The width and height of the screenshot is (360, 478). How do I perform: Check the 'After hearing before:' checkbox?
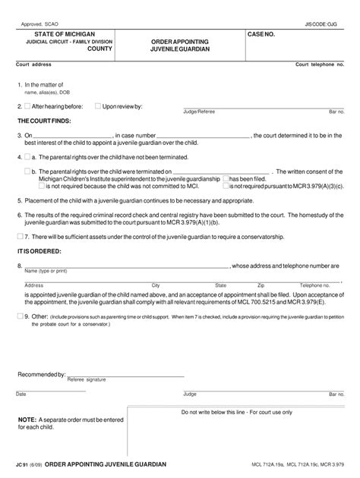point(28,107)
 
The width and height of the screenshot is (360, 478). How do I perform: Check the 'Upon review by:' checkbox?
point(97,107)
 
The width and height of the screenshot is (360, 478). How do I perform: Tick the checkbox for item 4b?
point(28,171)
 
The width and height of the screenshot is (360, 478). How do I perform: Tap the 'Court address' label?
point(35,65)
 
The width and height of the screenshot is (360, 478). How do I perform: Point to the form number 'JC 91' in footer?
point(24,463)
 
